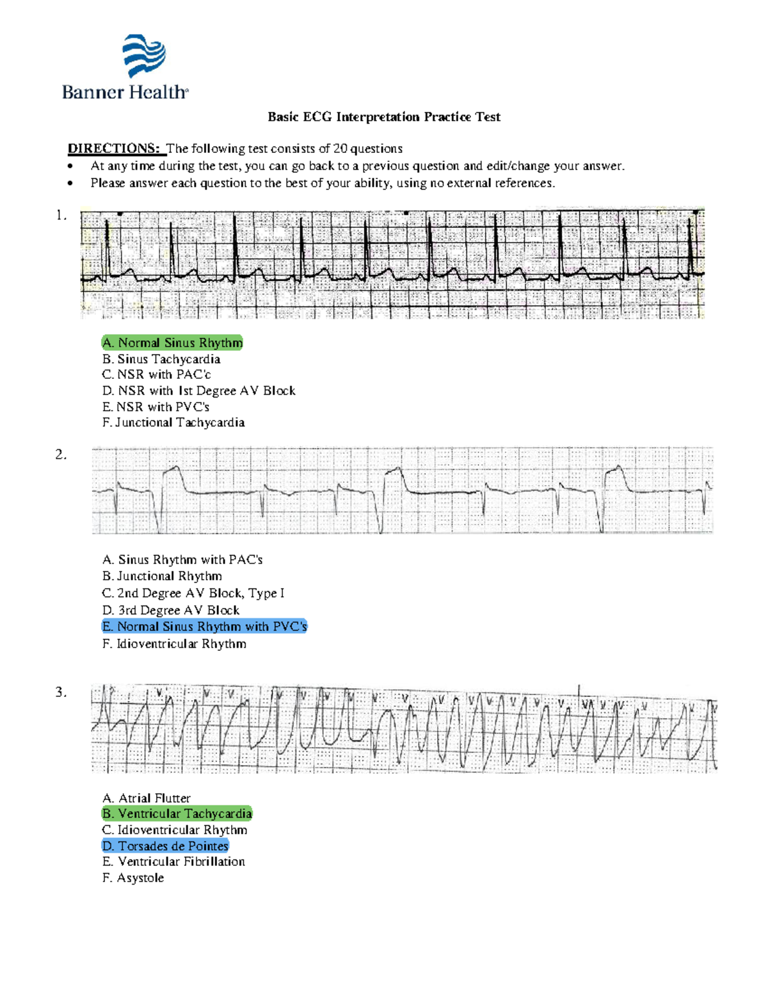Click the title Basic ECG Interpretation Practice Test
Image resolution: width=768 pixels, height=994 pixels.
click(383, 116)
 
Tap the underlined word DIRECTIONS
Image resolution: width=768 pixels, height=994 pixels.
click(114, 148)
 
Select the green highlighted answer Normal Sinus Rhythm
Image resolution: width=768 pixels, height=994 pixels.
click(173, 342)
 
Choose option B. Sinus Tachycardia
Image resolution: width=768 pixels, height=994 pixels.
click(161, 359)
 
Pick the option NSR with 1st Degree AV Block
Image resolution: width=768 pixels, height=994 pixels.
click(199, 390)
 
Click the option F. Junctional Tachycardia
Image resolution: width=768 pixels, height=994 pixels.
click(173, 422)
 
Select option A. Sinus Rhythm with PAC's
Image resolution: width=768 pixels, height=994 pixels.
click(182, 559)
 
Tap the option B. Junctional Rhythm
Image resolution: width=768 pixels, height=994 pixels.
click(162, 576)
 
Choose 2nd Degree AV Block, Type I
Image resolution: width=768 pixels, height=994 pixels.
click(193, 593)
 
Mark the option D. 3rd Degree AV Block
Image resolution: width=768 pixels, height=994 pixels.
click(171, 610)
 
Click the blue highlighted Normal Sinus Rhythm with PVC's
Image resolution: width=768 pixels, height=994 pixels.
click(205, 627)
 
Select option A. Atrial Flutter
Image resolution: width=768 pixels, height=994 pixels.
click(147, 798)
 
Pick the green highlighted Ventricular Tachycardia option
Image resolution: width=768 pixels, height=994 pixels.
click(177, 814)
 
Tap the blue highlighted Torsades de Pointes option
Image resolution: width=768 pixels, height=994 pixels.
click(165, 846)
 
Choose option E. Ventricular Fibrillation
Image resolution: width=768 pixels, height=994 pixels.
click(173, 862)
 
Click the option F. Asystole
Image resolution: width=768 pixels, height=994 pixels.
click(133, 878)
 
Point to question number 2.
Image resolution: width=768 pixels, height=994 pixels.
click(61, 454)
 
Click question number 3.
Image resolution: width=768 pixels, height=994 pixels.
click(61, 692)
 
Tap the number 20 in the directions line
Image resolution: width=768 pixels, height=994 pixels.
click(340, 148)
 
